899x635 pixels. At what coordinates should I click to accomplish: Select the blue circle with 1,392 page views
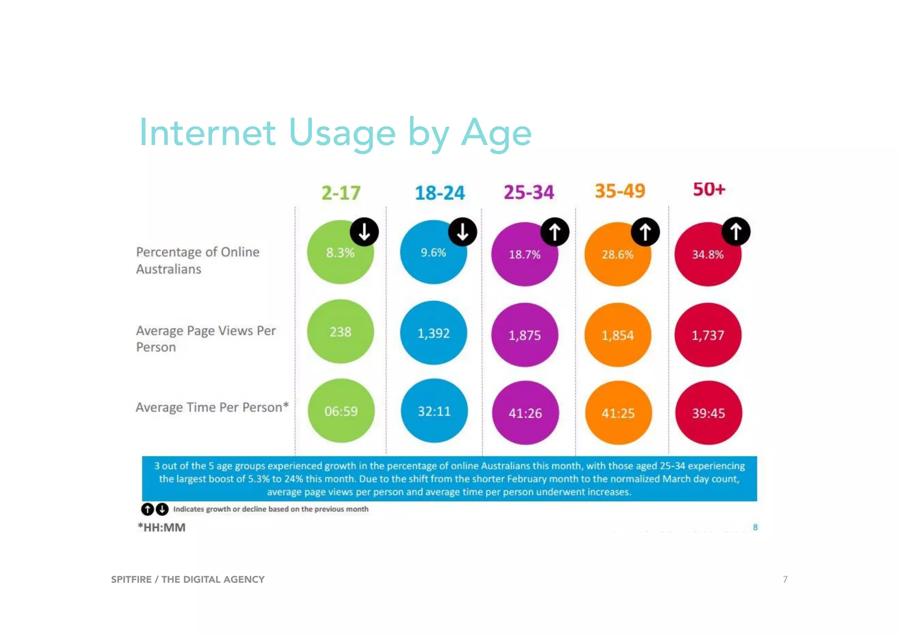tap(433, 333)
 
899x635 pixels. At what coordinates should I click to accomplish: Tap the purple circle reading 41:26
tap(525, 413)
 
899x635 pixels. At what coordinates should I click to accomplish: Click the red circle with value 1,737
tap(708, 335)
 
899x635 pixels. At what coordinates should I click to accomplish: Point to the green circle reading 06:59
tap(341, 411)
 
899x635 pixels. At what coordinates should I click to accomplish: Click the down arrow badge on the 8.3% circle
tap(364, 231)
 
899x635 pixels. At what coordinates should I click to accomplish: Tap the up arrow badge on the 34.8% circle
tap(736, 231)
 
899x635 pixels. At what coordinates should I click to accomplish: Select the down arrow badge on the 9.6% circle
tap(462, 231)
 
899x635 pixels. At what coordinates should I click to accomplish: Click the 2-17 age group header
tap(341, 193)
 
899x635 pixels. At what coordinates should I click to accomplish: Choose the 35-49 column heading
tap(620, 191)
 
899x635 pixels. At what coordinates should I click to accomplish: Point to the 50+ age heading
tap(709, 189)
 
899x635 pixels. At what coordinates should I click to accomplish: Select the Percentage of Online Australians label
tap(198, 260)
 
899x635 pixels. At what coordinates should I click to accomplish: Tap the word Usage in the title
tap(342, 133)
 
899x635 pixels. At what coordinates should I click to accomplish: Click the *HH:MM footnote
tap(162, 527)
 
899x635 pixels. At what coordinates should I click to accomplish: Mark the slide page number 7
tap(785, 579)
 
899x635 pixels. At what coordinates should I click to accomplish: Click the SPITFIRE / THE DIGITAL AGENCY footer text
tap(188, 579)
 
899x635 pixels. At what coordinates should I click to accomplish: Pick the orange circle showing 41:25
tap(618, 413)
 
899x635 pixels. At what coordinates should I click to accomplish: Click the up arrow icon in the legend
tap(147, 509)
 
